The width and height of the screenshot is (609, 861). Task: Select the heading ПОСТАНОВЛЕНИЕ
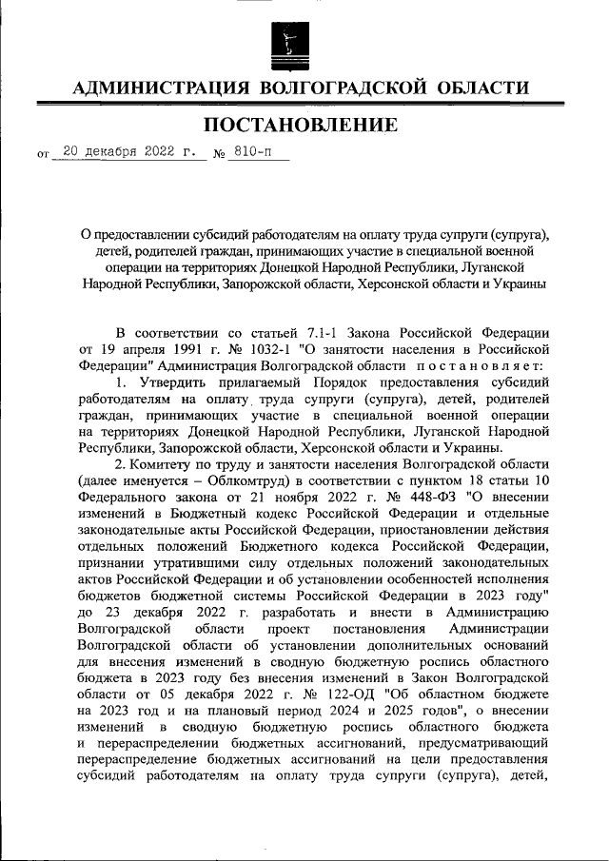(x=304, y=125)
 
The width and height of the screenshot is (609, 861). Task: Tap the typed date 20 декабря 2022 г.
(x=128, y=150)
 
